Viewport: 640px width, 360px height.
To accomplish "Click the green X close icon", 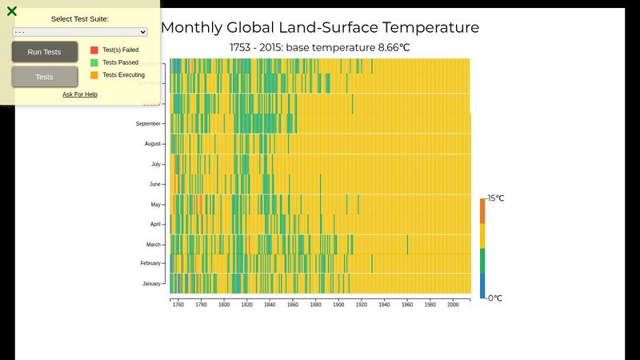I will tap(12, 11).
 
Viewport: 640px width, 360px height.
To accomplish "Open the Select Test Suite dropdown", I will tap(80, 32).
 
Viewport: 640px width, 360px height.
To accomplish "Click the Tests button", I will tap(45, 77).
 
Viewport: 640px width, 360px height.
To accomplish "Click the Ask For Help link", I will tap(80, 94).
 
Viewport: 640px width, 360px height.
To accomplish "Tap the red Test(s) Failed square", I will tap(94, 50).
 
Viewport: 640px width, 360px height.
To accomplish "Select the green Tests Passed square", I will tap(94, 62).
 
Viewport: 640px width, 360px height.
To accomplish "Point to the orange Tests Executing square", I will tap(94, 75).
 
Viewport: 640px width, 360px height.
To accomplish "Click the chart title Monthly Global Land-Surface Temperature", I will tap(320, 27).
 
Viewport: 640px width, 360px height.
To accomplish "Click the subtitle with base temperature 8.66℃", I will tap(320, 48).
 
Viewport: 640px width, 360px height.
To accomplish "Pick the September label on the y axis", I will tap(148, 124).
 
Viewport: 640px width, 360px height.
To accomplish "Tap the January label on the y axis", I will tap(151, 284).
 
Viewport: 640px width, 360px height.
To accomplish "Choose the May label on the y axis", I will tap(155, 205).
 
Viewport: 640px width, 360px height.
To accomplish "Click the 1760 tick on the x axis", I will tap(178, 305).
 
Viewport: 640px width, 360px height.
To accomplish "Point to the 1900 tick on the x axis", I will tap(338, 305).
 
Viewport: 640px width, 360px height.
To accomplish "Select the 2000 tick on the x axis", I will tap(453, 305).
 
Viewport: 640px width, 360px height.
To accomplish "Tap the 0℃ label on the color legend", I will tap(494, 298).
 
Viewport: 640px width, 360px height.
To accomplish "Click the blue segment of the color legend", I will tap(482, 286).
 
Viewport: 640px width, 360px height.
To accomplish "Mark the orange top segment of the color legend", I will tap(482, 210).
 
